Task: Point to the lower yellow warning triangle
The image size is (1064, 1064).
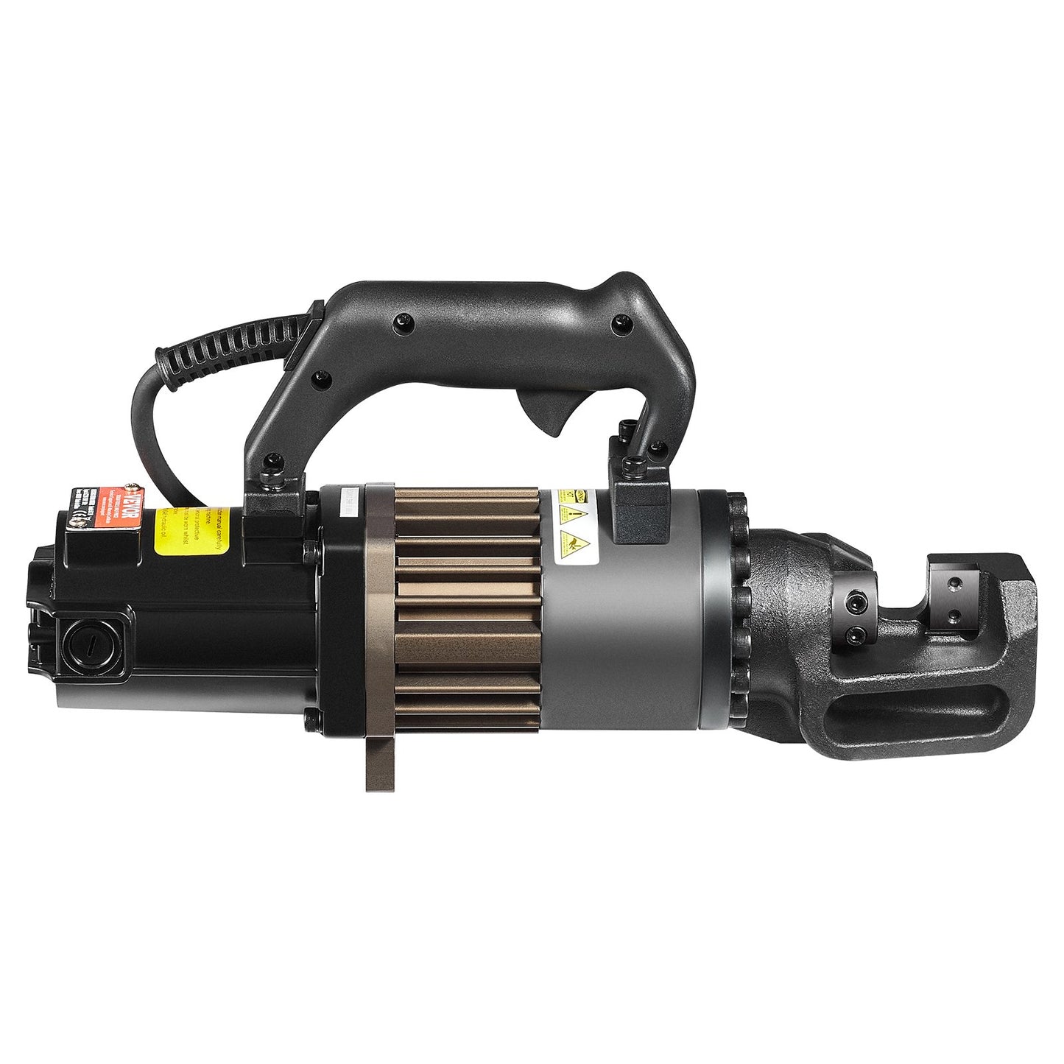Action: pos(574,543)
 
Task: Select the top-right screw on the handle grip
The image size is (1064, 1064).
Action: pos(622,322)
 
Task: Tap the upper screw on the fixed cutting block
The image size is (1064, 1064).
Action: pos(955,584)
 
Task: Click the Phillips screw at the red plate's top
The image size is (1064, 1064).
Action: pos(132,487)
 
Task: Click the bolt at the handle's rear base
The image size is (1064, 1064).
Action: pos(274,461)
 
